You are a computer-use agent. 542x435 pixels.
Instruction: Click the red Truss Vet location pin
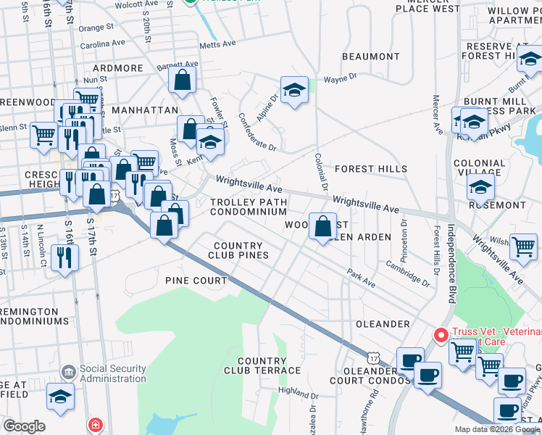[x=440, y=335]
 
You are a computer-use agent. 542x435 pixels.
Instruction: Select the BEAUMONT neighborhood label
[x=370, y=56]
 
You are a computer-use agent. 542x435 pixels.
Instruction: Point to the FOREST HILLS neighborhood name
[x=370, y=168]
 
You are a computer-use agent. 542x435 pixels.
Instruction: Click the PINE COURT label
[x=196, y=280]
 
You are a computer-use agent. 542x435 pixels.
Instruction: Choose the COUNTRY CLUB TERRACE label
[x=268, y=365]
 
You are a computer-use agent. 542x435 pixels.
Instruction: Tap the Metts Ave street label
[x=219, y=43]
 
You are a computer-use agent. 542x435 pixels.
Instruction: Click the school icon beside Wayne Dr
[x=293, y=91]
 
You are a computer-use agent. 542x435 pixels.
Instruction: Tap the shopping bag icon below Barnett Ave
[x=182, y=80]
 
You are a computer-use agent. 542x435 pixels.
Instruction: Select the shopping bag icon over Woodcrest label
[x=322, y=226]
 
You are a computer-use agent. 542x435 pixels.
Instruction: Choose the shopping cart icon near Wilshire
[x=522, y=246]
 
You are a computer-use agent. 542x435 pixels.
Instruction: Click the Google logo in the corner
[x=24, y=426]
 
